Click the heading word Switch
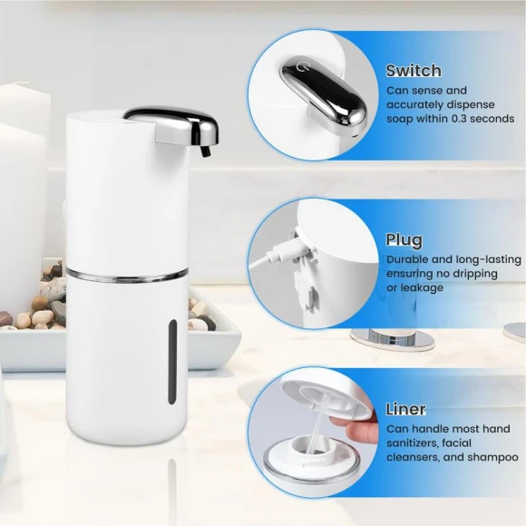414,71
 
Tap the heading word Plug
404,240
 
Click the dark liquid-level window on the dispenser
174,361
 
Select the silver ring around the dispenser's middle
127,271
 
